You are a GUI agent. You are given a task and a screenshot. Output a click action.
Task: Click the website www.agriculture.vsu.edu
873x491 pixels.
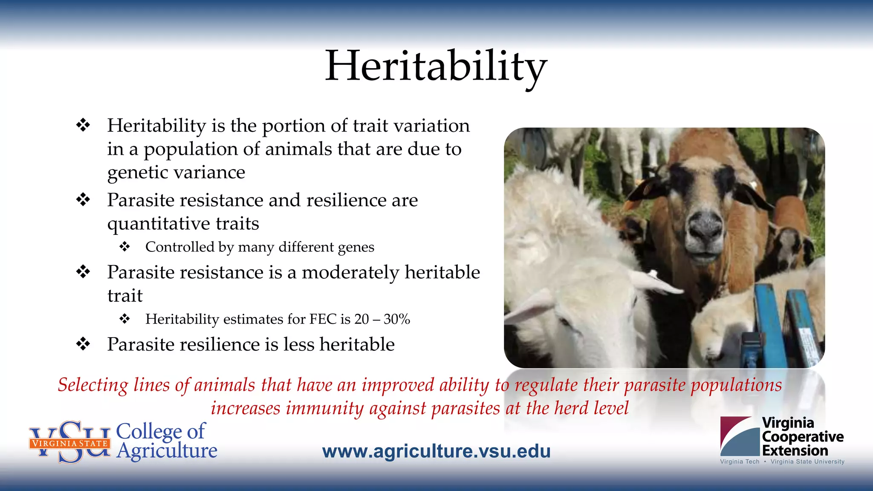coord(436,451)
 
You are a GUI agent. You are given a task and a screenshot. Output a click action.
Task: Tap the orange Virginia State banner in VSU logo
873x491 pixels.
coord(70,443)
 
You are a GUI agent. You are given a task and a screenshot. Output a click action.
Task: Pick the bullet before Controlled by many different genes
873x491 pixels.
coord(124,247)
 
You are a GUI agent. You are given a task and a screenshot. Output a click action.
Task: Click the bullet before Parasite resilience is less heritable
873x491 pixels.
coord(83,344)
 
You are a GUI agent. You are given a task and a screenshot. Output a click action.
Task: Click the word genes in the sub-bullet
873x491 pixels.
coord(356,248)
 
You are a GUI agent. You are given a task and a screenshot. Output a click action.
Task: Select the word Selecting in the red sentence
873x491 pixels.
coord(93,385)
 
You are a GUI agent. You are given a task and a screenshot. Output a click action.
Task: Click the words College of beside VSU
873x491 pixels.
coord(161,431)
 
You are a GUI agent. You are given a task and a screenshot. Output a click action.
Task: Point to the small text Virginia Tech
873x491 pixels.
coord(740,462)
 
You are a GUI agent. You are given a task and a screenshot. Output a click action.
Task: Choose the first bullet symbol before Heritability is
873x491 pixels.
coord(83,125)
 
